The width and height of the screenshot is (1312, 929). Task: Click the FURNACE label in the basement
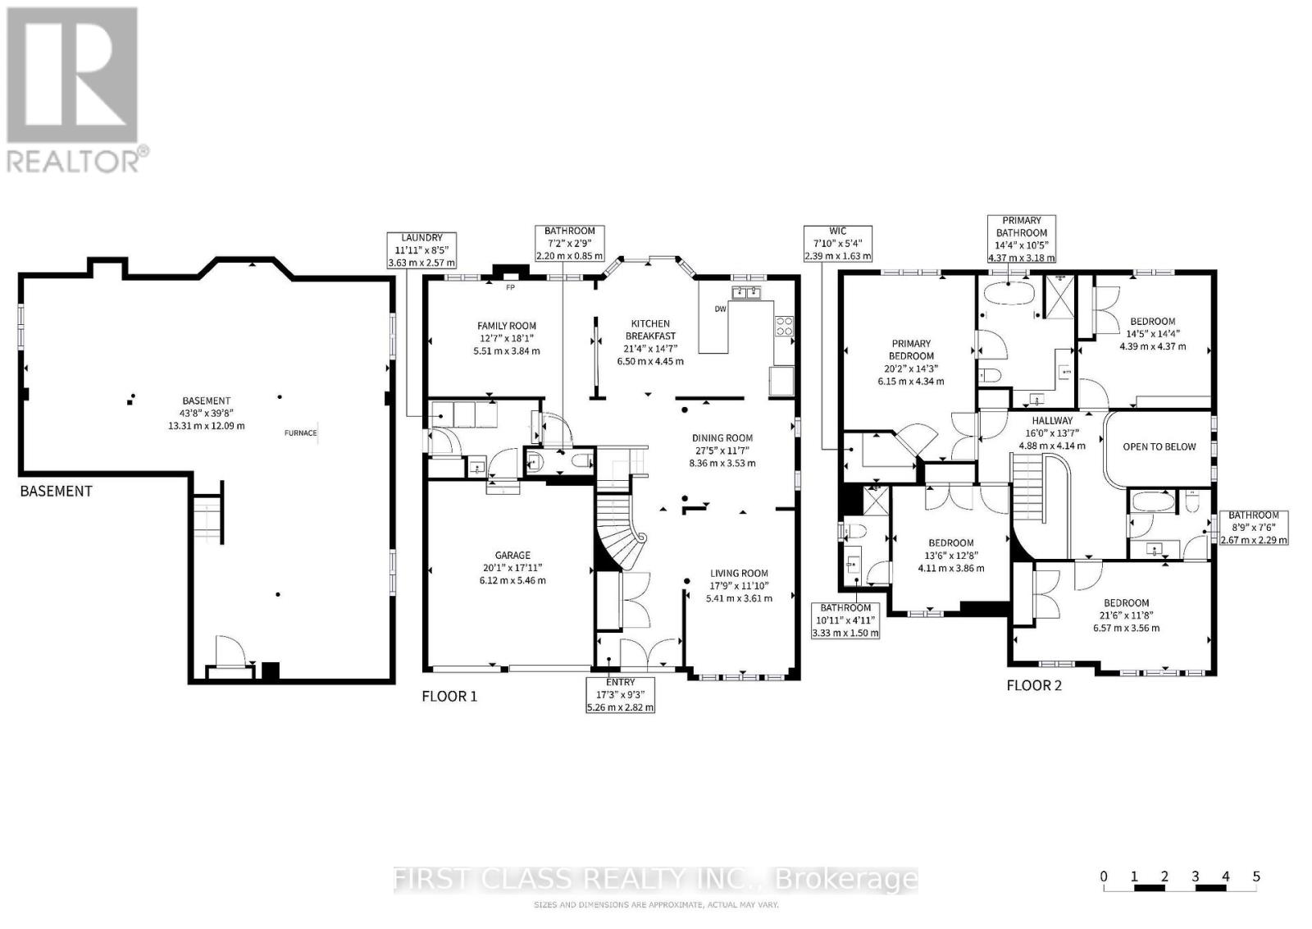tap(300, 432)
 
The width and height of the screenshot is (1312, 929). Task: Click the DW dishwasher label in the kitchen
tap(720, 309)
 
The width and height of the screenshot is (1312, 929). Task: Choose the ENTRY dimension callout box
tap(620, 694)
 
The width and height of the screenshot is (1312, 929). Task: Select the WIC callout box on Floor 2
tap(837, 244)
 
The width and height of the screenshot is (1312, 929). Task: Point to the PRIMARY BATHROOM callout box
tap(1021, 239)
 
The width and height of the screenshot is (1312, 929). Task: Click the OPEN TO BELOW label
tap(1159, 446)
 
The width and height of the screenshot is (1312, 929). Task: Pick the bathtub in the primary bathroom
tap(1009, 295)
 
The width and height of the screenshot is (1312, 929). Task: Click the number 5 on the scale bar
tap(1255, 876)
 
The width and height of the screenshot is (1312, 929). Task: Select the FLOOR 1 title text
tap(449, 696)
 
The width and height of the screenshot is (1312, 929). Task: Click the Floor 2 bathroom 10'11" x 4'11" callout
tap(845, 620)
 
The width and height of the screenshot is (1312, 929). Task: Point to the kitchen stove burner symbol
tap(783, 327)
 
